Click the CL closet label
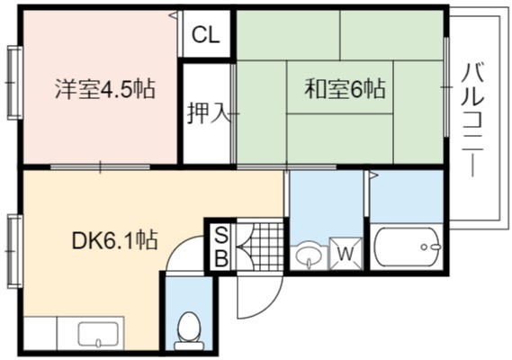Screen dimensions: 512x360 click(x=205, y=34)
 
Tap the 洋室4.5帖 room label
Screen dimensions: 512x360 click(x=104, y=89)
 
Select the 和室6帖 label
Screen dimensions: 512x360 click(x=345, y=89)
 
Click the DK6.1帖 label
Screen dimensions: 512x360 click(x=114, y=240)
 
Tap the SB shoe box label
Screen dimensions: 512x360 click(x=221, y=247)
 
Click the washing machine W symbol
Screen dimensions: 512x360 click(x=346, y=254)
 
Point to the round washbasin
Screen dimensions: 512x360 click(x=309, y=256)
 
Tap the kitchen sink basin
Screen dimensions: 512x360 click(x=98, y=334)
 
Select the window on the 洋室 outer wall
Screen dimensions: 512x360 click(x=14, y=83)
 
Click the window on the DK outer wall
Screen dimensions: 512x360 click(x=14, y=251)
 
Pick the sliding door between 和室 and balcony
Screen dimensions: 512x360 click(x=446, y=87)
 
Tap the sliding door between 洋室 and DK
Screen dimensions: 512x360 click(x=100, y=166)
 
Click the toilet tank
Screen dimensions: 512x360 click(x=188, y=346)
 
